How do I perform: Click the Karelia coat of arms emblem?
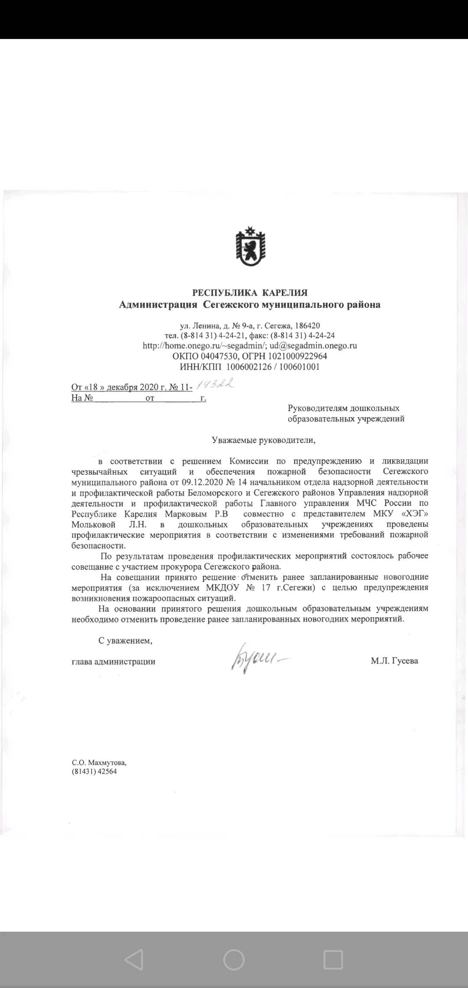[x=250, y=247]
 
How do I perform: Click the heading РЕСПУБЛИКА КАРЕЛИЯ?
[x=250, y=293]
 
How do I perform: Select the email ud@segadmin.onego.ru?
[x=313, y=346]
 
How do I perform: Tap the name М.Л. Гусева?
[x=394, y=661]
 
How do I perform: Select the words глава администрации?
[x=114, y=662]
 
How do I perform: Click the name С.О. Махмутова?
[x=99, y=763]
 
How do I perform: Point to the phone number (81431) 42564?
[x=94, y=771]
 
